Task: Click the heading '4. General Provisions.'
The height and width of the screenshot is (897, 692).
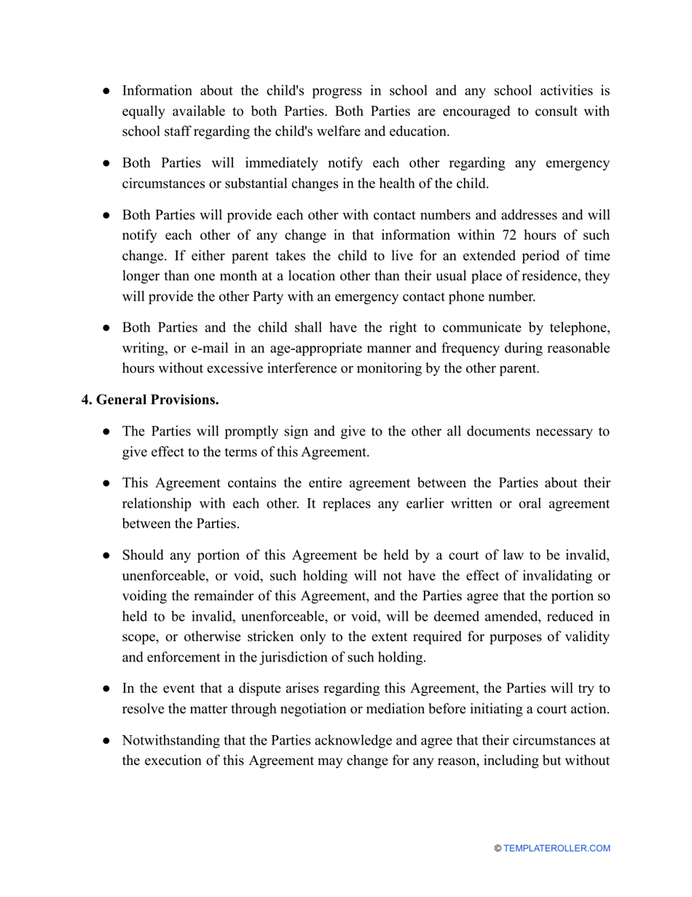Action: coord(150,400)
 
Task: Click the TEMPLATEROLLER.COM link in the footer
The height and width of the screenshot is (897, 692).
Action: coord(557,848)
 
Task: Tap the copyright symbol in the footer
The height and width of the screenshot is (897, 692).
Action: coord(498,848)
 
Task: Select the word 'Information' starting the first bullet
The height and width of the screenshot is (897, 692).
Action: coord(157,90)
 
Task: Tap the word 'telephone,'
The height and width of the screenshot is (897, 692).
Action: coord(575,328)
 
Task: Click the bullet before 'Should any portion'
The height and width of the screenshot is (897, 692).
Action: coord(106,555)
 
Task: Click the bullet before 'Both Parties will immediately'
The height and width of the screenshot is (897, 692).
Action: coord(106,163)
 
